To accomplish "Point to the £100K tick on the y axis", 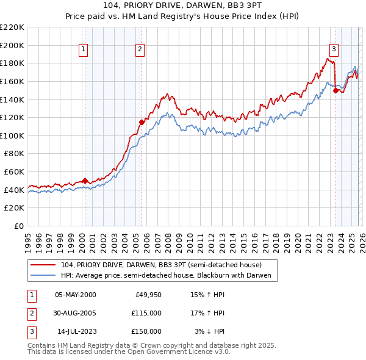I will (12, 135).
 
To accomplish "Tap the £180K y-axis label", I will (12, 63).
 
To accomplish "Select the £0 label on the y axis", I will (18, 226).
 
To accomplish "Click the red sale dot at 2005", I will (142, 121).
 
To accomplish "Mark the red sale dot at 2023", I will (336, 90).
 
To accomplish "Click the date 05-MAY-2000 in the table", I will (75, 295).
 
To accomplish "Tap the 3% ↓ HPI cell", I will (209, 331).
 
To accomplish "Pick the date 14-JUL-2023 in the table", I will (76, 331).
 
